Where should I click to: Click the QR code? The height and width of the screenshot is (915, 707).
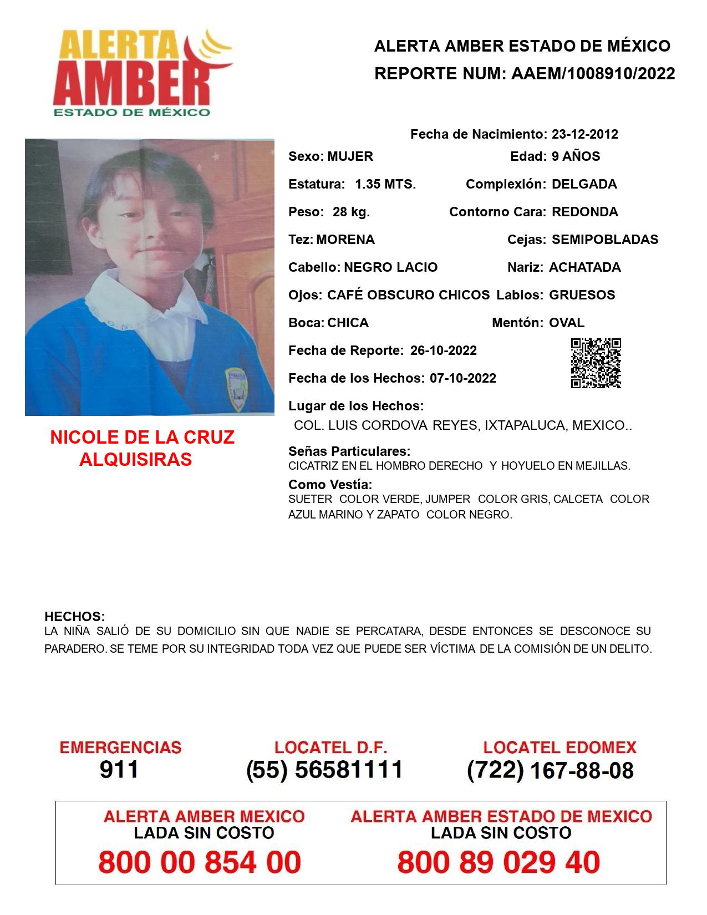click(x=596, y=363)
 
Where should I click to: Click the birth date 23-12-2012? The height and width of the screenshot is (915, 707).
click(x=584, y=134)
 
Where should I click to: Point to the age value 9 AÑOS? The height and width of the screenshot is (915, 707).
click(x=576, y=156)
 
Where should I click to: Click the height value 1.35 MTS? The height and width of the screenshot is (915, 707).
click(x=385, y=184)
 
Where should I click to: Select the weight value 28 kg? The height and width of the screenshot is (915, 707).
click(x=351, y=212)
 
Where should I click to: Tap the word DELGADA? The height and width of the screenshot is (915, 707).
click(x=584, y=184)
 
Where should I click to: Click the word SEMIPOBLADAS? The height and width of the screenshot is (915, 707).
click(x=605, y=240)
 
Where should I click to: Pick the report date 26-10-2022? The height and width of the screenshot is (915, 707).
click(x=443, y=350)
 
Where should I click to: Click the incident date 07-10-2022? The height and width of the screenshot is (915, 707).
click(x=462, y=378)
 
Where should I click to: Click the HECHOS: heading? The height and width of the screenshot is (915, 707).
click(x=74, y=617)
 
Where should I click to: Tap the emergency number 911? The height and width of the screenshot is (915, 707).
click(x=119, y=770)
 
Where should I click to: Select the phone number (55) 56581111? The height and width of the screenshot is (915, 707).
click(x=324, y=770)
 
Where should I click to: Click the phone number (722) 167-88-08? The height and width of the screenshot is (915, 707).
click(x=550, y=770)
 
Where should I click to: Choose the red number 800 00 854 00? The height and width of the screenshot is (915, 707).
click(x=200, y=863)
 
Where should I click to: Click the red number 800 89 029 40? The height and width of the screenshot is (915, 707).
click(x=499, y=863)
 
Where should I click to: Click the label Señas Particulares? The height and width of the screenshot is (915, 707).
click(x=349, y=451)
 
